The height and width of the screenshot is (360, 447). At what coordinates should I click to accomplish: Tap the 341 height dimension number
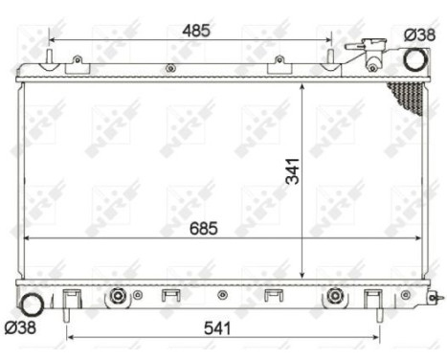293,170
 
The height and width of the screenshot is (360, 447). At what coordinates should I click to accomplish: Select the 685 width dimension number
203,228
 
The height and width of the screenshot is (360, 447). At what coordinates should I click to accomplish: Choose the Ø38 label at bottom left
20,328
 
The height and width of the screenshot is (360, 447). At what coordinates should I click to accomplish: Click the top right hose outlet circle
414,59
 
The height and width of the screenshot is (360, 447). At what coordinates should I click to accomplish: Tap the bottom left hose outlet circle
33,306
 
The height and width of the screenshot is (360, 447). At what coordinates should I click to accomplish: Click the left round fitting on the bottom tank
118,295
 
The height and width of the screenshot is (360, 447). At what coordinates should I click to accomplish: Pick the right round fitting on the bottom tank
335,295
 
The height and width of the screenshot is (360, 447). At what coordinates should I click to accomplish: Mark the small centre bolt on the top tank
170,68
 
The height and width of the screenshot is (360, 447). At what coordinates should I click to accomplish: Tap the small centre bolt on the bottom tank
221,295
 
